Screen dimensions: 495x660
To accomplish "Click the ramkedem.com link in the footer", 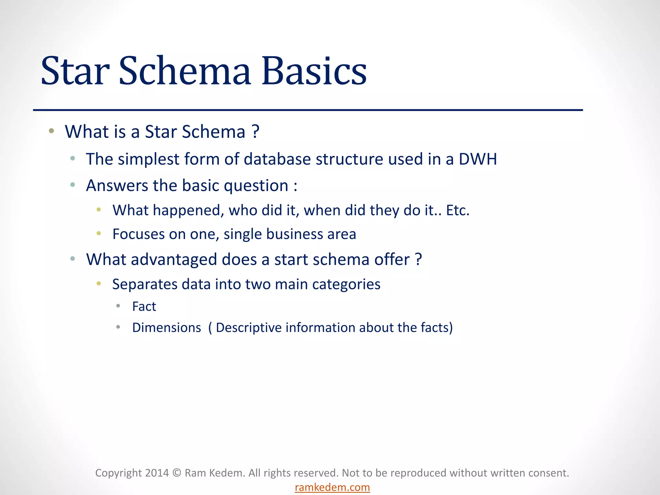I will [332, 487].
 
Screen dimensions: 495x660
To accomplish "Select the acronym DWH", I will [478, 159].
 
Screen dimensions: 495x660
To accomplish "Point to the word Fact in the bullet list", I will [144, 306].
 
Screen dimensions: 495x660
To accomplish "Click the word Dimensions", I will [167, 328].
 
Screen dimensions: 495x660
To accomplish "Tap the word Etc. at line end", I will [458, 210].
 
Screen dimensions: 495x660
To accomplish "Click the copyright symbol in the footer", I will [177, 473].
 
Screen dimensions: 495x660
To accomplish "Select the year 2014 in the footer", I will [157, 473].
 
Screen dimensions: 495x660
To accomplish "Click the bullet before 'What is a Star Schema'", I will [51, 131].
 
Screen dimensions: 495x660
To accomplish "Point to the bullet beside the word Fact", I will [118, 306].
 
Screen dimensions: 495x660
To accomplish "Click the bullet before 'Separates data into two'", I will [99, 284].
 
